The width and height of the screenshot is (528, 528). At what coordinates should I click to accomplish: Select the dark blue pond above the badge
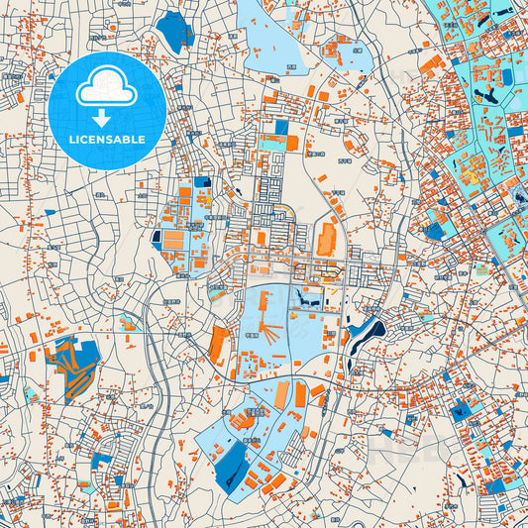point(175,32)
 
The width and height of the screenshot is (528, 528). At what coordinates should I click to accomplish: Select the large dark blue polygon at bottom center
point(231,465)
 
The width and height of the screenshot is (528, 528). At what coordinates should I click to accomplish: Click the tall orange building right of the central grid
point(327,238)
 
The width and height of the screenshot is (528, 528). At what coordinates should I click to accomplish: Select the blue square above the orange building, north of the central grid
point(280,127)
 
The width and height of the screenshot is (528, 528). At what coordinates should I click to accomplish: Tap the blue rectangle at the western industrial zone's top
point(202,182)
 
